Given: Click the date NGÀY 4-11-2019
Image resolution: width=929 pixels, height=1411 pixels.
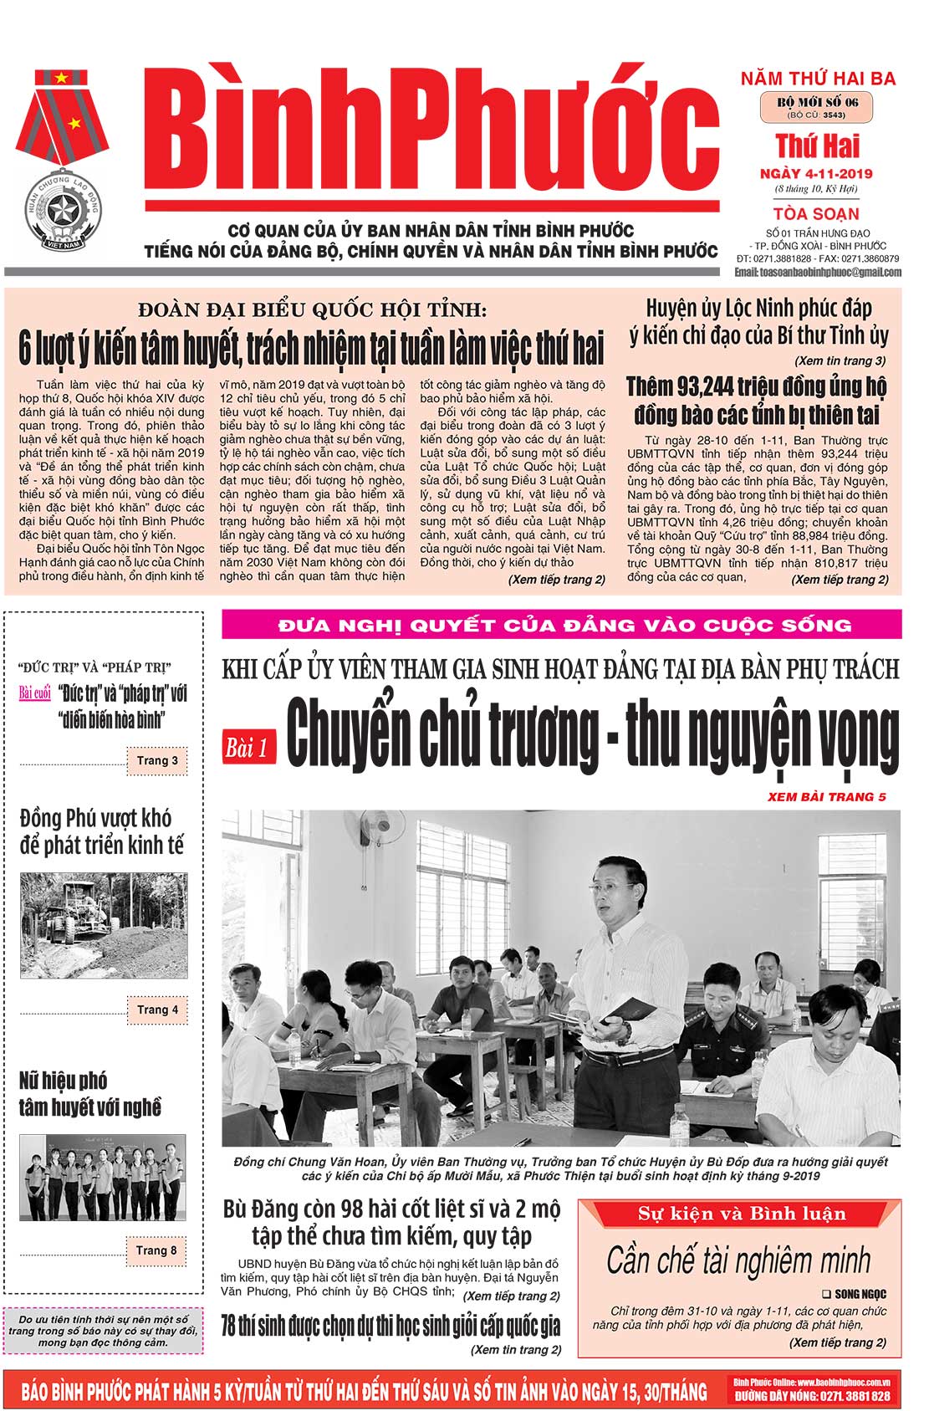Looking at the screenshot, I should (816, 174).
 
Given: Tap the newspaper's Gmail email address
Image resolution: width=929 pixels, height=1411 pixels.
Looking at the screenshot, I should (817, 272).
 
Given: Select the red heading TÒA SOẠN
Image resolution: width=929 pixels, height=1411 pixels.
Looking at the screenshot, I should (816, 213).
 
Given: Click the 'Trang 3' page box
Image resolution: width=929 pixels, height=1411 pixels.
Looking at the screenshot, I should (157, 760).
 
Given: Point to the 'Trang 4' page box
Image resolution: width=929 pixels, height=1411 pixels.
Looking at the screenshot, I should (157, 1010).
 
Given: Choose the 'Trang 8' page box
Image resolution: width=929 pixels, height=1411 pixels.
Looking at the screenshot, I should (156, 1250).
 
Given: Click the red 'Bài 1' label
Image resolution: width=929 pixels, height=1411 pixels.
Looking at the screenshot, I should (248, 747).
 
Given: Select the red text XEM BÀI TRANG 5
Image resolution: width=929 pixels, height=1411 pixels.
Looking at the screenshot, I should (826, 796).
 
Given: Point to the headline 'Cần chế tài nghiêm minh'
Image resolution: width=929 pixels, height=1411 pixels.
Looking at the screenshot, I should (738, 1260).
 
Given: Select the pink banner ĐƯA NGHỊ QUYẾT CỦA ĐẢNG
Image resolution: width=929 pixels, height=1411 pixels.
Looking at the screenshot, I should (561, 625).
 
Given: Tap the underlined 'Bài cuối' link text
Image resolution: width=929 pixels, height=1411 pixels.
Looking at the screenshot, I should (35, 693).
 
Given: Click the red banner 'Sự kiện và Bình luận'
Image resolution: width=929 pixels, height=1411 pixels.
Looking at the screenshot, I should (741, 1214).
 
